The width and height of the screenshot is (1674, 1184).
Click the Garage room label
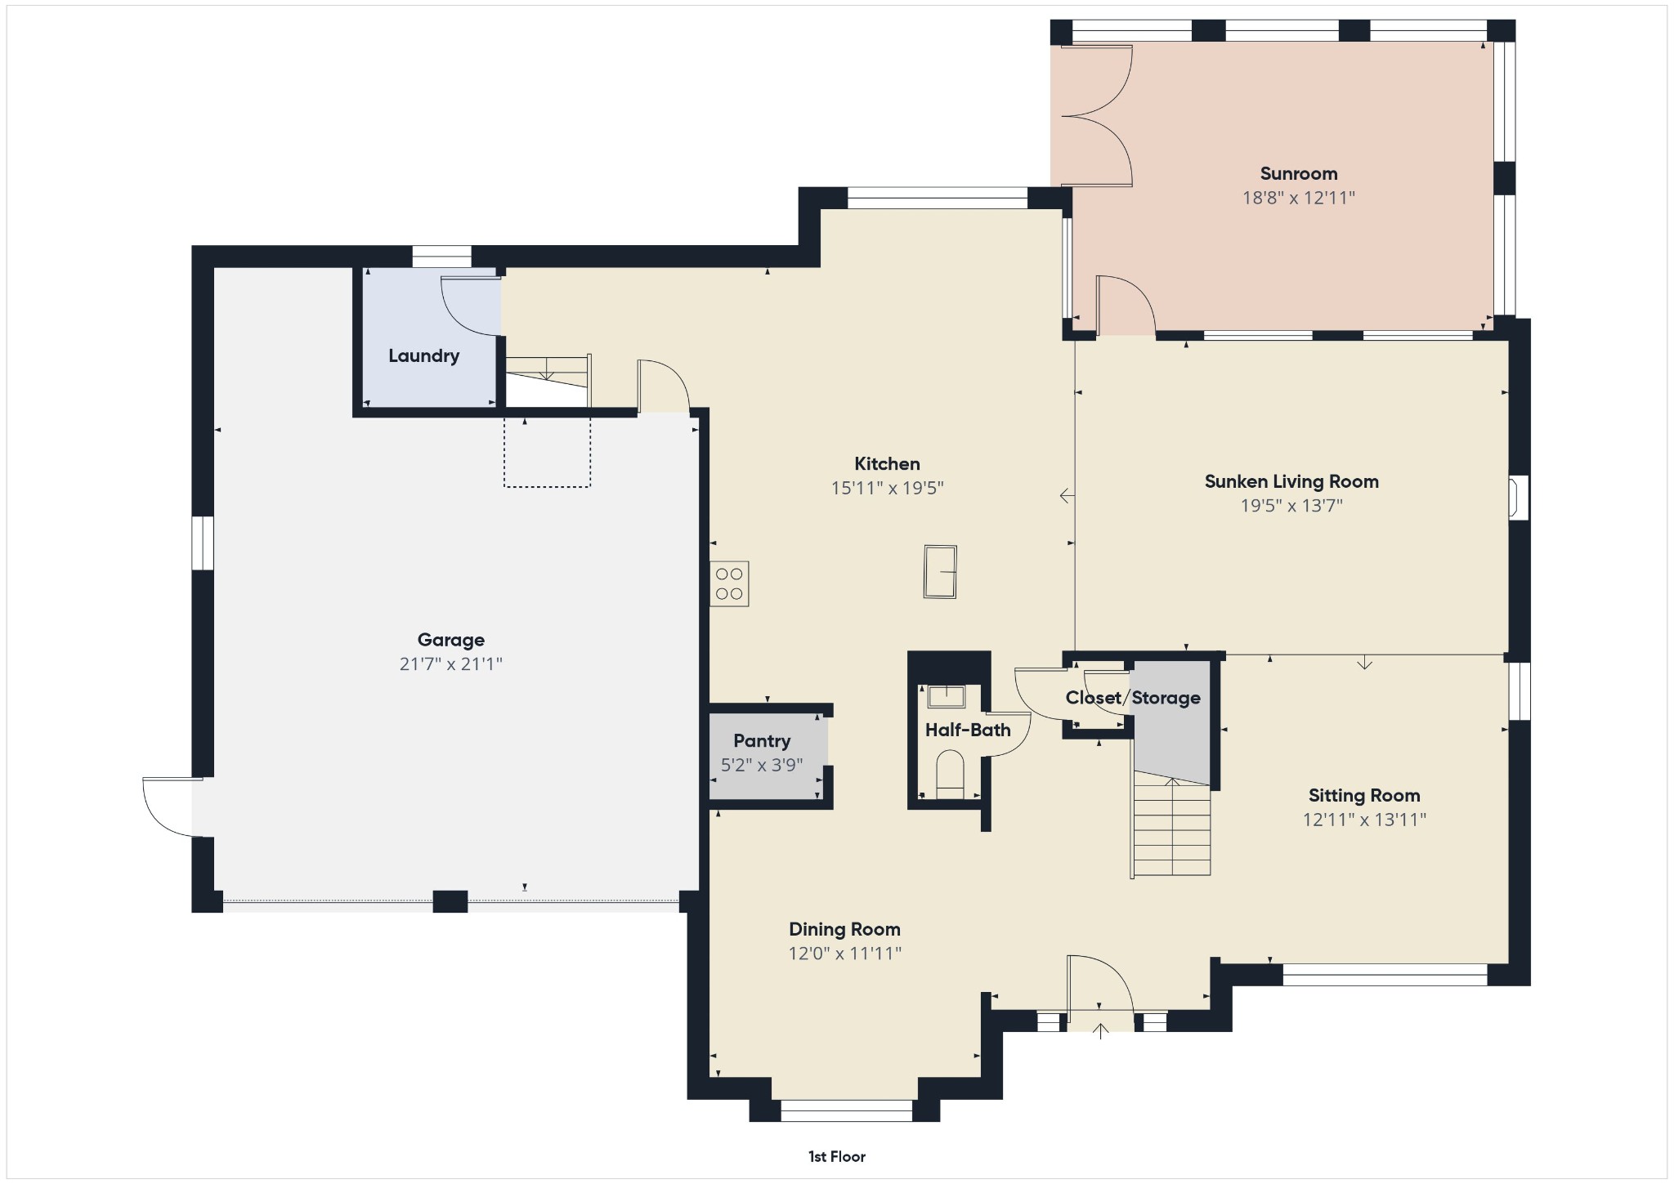(x=450, y=640)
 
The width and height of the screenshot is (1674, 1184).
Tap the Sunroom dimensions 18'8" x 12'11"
(x=1299, y=198)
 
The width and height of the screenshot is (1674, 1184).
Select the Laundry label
(x=423, y=355)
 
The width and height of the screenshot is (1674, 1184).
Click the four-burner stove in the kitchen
(x=729, y=583)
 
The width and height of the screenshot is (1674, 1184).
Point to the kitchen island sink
(x=940, y=571)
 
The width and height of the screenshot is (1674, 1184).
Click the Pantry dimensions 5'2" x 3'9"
(x=762, y=766)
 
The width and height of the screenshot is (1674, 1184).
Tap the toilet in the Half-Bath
(x=950, y=775)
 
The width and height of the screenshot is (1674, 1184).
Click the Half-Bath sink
(x=946, y=696)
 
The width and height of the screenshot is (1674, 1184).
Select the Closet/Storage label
(x=1133, y=698)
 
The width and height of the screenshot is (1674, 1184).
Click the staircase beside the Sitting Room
(x=1170, y=827)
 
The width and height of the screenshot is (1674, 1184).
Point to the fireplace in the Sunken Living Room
(x=1518, y=498)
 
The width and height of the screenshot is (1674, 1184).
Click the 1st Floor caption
(x=837, y=1156)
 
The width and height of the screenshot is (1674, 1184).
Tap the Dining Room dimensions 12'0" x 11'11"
(x=844, y=954)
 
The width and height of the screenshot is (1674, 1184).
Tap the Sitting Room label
(x=1364, y=795)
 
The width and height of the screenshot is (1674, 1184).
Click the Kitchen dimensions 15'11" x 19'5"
(x=888, y=489)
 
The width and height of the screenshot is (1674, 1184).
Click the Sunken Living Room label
(x=1291, y=481)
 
